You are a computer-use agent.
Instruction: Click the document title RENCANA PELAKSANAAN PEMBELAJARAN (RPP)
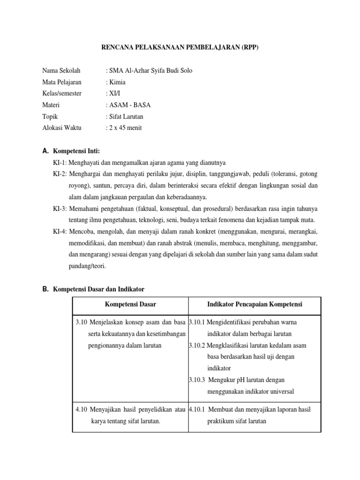[x=180, y=48]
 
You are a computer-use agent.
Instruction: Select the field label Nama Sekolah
[x=61, y=71]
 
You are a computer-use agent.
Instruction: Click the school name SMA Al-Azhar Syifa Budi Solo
[x=150, y=71]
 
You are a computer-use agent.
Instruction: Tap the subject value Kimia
[x=117, y=82]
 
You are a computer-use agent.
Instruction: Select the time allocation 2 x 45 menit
[x=125, y=127]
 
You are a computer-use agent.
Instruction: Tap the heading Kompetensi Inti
[x=76, y=151]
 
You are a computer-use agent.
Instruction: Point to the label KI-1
[x=60, y=163]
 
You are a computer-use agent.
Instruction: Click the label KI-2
[x=60, y=174]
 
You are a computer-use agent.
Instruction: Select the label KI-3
[x=60, y=208]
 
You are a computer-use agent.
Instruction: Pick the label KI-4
[x=60, y=231]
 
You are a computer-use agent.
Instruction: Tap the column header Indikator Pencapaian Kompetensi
[x=255, y=305]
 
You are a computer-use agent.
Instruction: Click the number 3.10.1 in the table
[x=198, y=322]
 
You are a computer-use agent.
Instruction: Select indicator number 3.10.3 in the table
[x=198, y=380]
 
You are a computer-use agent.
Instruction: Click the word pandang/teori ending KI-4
[x=88, y=266]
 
